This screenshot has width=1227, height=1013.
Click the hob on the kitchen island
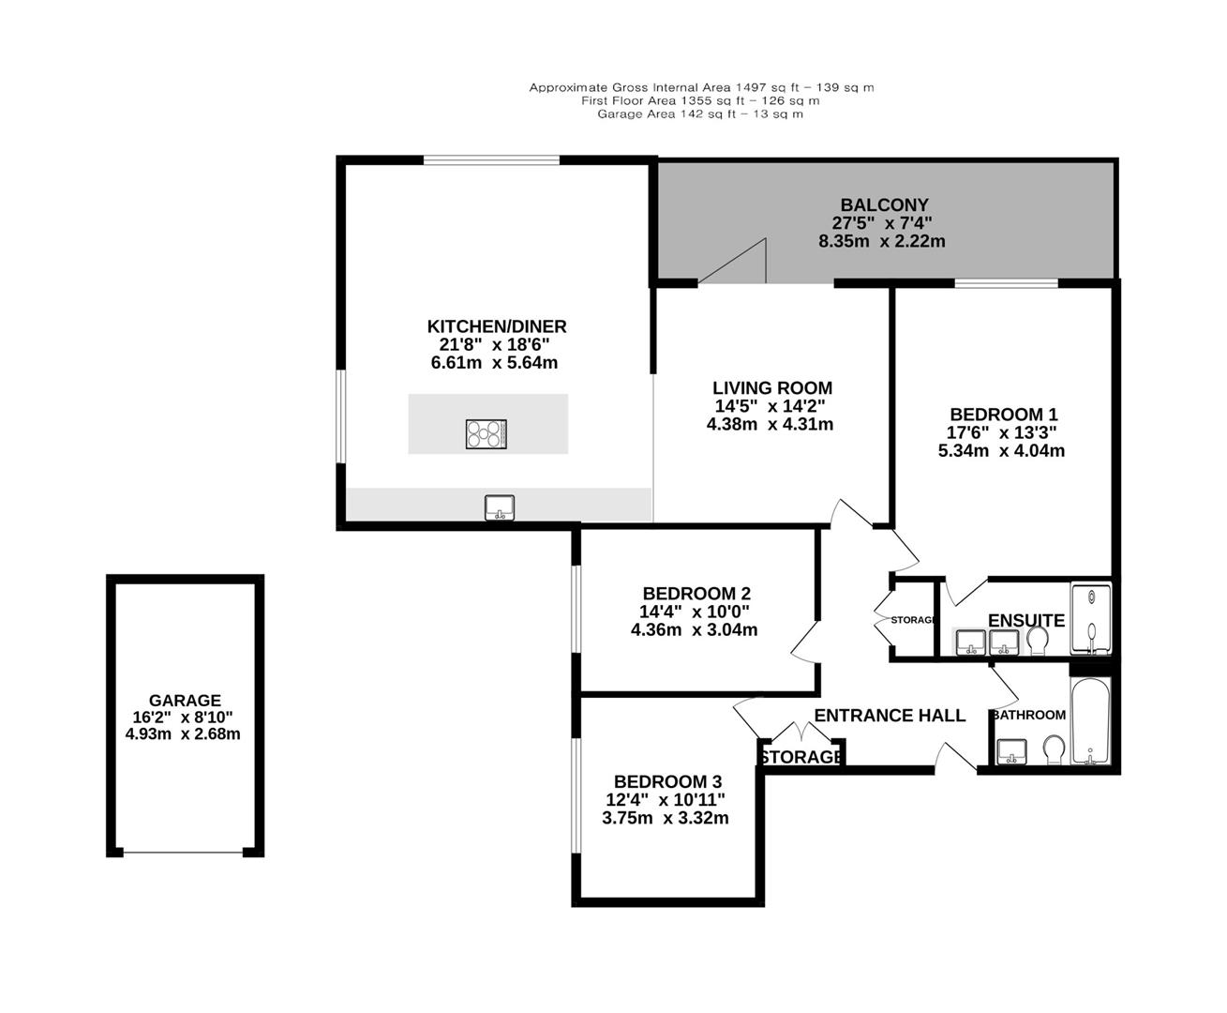coord(486,433)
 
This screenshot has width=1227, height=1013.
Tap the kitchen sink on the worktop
coord(499,507)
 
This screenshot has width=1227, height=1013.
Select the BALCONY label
coord(884,204)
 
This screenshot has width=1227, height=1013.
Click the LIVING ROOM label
coord(771,387)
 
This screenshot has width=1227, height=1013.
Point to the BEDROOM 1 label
coord(1003,415)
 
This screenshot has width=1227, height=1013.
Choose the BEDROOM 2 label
coord(696,594)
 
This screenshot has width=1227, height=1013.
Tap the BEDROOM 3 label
coord(666,781)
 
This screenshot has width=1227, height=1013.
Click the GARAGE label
coord(185,700)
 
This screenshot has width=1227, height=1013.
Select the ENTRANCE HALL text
coord(889,716)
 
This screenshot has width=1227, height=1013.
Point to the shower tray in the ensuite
coord(1090,619)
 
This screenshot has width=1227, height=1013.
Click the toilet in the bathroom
coord(1053,749)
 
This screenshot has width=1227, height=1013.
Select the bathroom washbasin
coord(1011,751)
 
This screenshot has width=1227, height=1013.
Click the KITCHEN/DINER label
coord(497,326)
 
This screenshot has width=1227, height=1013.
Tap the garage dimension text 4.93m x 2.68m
coord(183,733)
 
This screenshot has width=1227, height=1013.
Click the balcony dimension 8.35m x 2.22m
coord(881,241)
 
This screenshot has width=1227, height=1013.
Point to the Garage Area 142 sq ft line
coord(700,114)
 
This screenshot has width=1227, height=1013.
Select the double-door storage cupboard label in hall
coord(801,756)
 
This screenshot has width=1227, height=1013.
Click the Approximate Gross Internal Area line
coord(700,88)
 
